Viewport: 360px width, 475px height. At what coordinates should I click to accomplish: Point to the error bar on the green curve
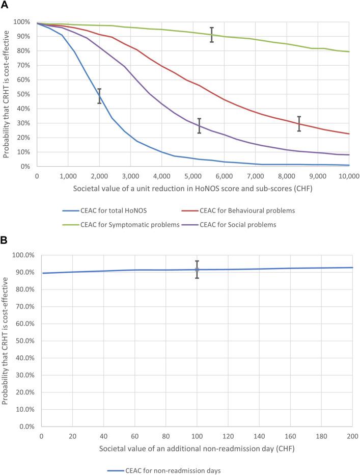click(212, 35)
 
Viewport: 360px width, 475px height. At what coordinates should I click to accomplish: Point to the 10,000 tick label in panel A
click(349, 175)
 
